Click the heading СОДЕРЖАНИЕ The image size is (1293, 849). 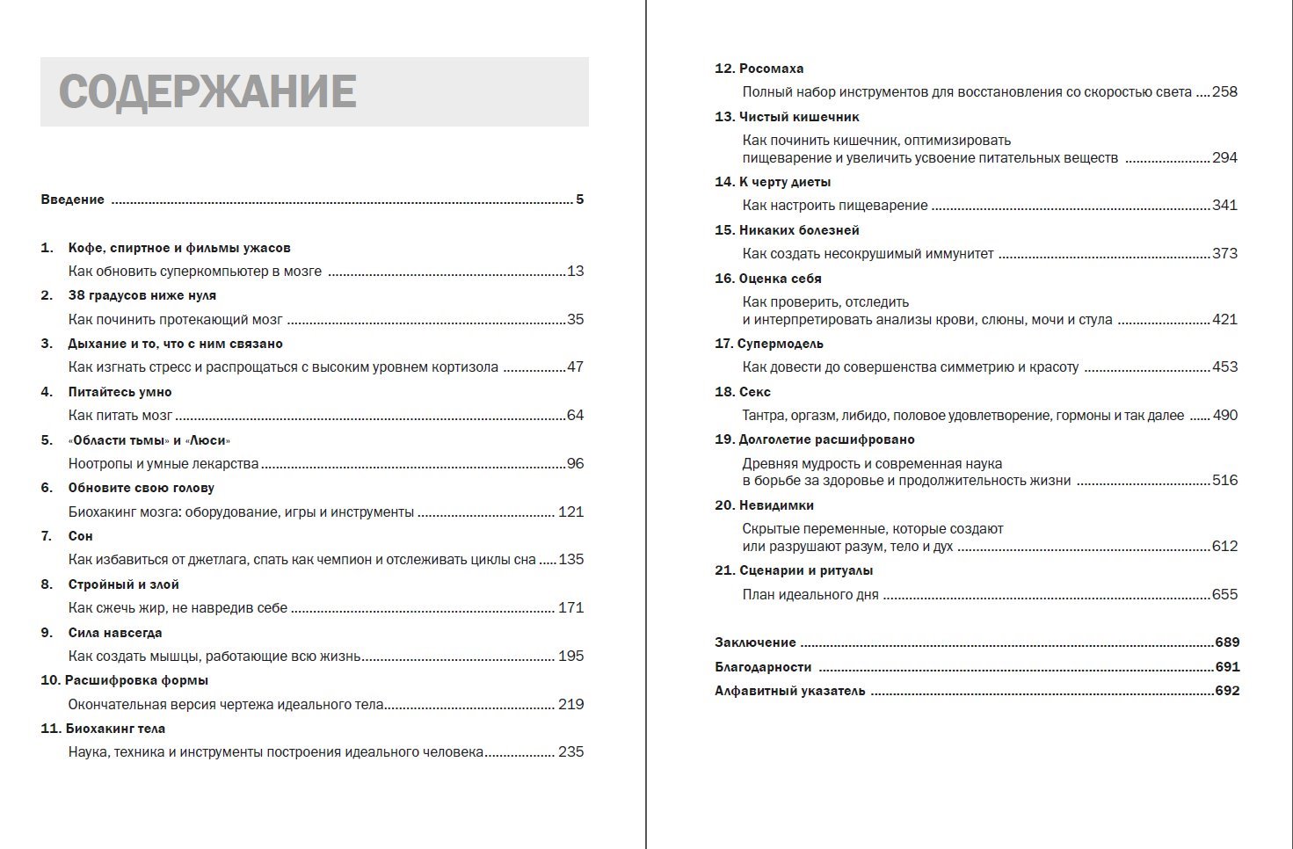point(207,91)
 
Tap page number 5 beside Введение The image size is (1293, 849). point(579,200)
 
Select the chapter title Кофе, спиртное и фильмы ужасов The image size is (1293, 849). point(179,248)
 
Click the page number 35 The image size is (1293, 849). point(575,319)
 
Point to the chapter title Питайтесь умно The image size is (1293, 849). point(120,392)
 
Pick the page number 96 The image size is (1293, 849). point(575,463)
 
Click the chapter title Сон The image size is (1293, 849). point(80,536)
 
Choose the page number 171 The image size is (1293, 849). point(570,607)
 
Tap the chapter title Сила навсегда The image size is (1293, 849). point(115,633)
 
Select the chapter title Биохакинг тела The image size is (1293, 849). point(115,729)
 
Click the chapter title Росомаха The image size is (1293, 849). point(771,69)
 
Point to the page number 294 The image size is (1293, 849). point(1224,158)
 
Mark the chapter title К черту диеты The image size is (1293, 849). point(785,182)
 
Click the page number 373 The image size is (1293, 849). point(1224,253)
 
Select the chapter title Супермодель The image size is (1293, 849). point(780,344)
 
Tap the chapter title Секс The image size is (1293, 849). point(754,392)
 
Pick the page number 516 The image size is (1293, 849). point(1224,480)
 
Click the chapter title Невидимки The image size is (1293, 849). point(776,505)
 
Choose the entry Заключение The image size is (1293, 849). point(755,642)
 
